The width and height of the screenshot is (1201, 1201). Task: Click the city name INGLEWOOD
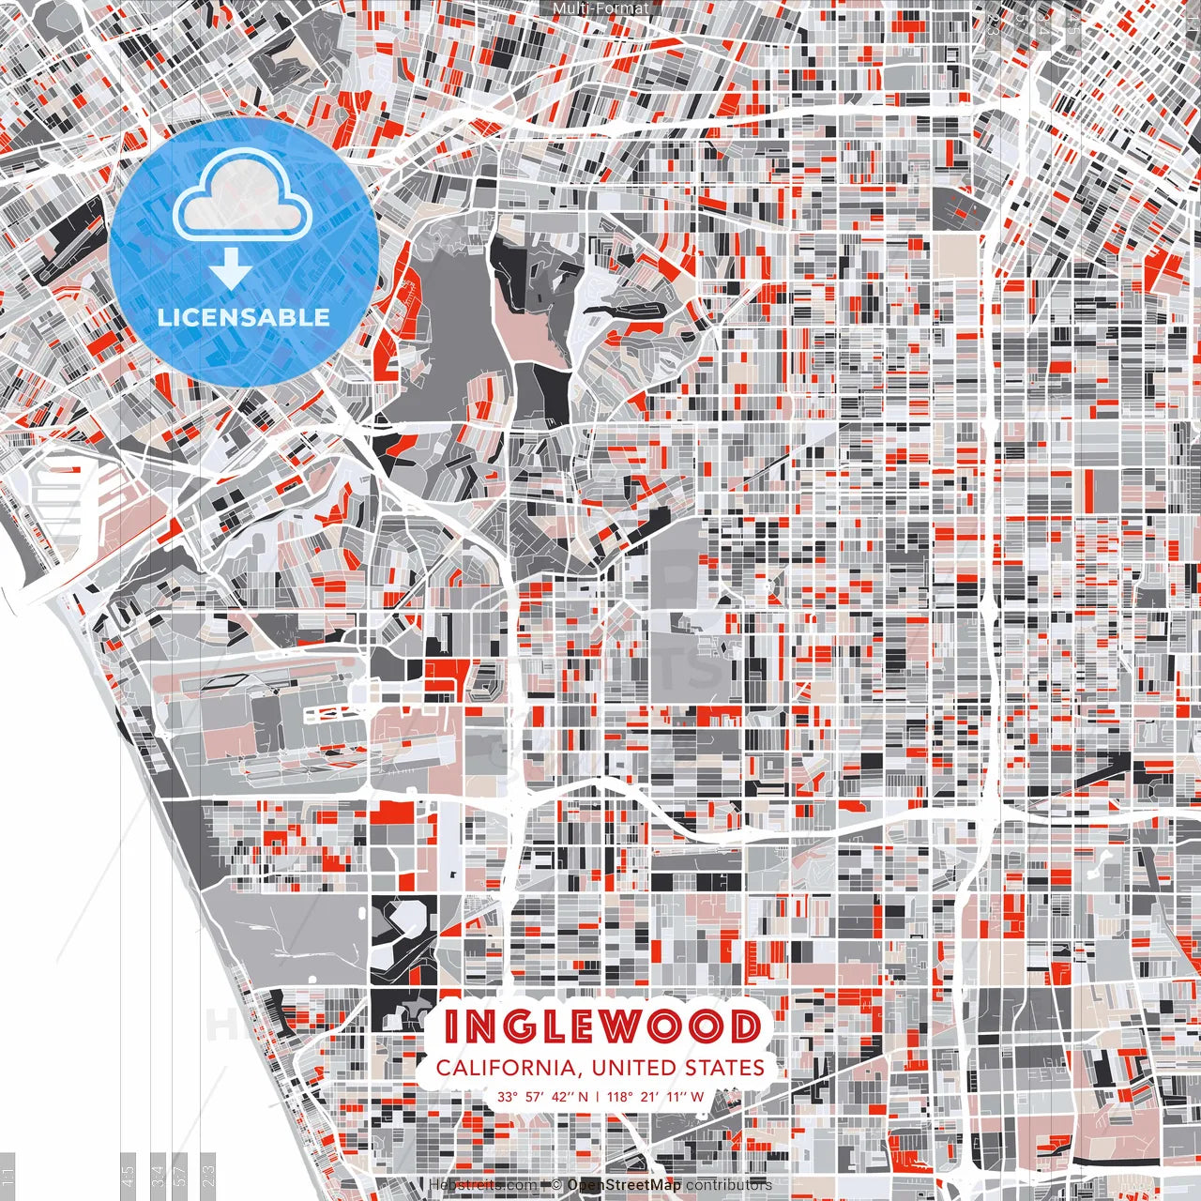point(601,1026)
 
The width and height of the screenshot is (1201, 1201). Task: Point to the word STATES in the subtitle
point(729,1068)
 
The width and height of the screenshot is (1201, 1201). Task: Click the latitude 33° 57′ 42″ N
point(543,1096)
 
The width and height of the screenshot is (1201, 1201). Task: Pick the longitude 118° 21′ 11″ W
point(656,1096)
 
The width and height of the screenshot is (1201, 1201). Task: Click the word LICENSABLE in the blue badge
point(244,317)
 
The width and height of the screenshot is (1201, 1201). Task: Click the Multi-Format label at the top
point(600,8)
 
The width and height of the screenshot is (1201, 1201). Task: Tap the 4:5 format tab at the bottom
point(129,1175)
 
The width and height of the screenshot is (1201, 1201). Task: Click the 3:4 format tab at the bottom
point(159,1175)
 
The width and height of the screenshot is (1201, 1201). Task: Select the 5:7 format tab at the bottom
point(180,1175)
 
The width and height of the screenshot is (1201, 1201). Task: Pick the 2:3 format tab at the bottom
point(208,1175)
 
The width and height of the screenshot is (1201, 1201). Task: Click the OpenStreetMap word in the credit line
point(624,1185)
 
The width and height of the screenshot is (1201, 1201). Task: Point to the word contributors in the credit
point(729,1185)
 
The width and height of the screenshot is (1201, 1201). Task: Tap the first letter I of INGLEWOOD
point(451,1026)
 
